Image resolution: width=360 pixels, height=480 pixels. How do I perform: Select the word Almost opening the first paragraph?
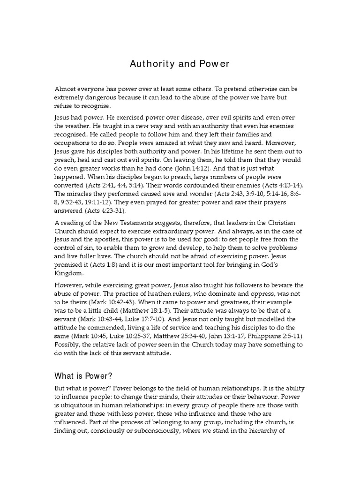click(67, 89)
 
